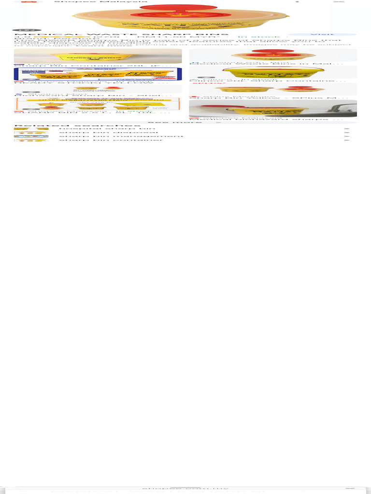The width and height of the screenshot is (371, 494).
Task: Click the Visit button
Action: [x=322, y=35]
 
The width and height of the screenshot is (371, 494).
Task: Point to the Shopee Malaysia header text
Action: [x=100, y=2]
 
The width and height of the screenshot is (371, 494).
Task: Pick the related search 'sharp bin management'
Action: [x=121, y=137]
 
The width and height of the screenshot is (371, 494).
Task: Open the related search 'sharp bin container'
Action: [x=111, y=140]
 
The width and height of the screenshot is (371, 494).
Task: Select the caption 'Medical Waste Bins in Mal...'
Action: [x=266, y=63]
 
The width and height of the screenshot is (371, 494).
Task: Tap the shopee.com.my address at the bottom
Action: [x=185, y=488]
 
